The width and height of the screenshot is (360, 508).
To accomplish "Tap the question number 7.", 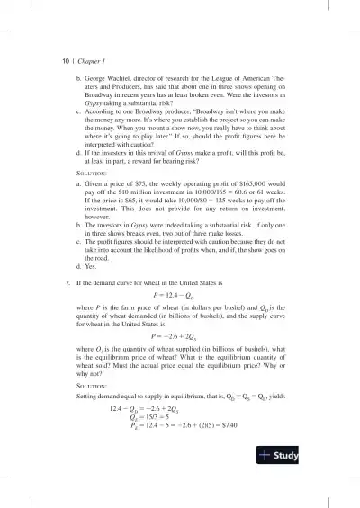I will point(55,282).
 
